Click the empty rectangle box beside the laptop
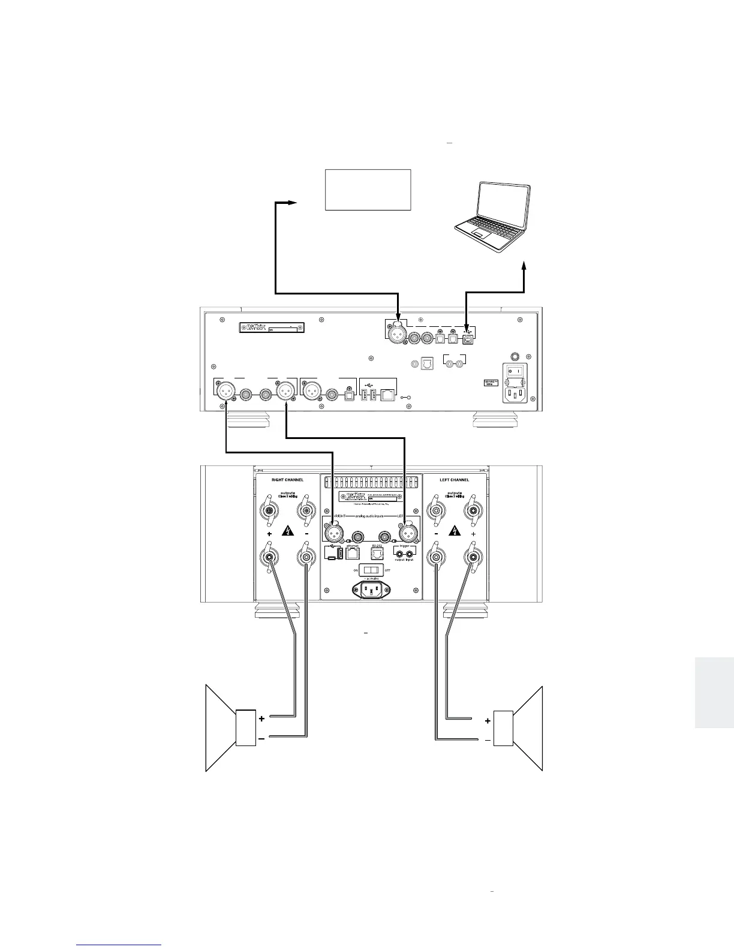click(368, 190)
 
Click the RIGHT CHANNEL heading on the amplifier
click(288, 480)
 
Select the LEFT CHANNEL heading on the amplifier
click(455, 480)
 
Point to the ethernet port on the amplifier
click(353, 552)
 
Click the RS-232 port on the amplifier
click(377, 552)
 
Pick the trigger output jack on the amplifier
click(398, 552)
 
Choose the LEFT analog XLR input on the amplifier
click(407, 531)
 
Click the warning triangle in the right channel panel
click(289, 531)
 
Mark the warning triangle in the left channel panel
click(455, 531)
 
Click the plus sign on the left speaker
click(261, 718)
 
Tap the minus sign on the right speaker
click(488, 741)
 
